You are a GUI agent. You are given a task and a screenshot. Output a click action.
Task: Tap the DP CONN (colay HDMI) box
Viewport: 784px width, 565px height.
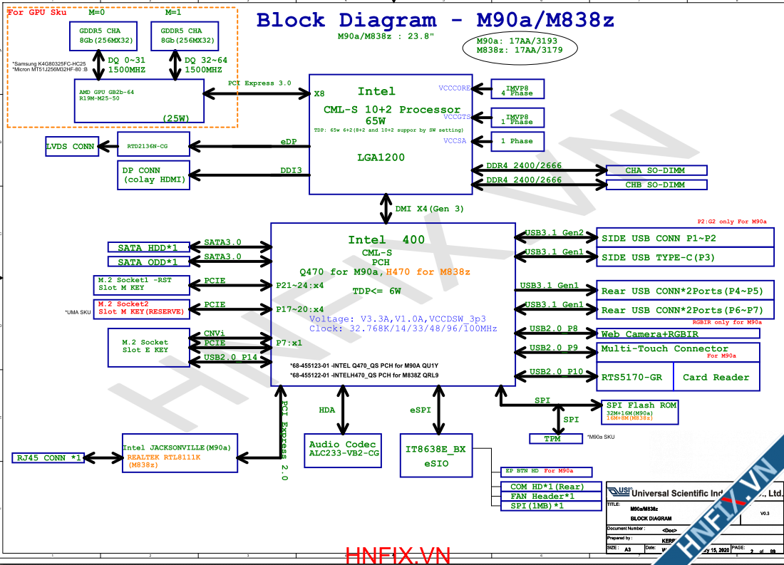[154, 175]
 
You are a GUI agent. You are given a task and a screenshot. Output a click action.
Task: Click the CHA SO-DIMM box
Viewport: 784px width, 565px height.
[656, 170]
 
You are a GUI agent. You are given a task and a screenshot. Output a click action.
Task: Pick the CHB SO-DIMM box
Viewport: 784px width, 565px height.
[656, 185]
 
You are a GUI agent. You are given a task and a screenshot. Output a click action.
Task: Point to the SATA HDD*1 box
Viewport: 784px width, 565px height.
[148, 247]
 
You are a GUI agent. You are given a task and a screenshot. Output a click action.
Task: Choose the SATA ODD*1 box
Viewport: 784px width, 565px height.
[148, 262]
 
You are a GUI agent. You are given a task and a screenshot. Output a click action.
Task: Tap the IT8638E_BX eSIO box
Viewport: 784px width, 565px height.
[435, 455]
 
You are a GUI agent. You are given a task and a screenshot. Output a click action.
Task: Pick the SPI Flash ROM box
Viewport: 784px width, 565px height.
[637, 411]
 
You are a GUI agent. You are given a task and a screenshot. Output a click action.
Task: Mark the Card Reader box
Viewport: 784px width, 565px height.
[716, 377]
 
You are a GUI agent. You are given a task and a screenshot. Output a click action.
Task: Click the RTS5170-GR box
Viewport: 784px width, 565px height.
[631, 377]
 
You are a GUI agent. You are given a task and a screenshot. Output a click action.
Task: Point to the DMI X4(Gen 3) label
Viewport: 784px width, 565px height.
[430, 209]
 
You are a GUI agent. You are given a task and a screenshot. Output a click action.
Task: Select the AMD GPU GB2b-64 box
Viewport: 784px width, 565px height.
[139, 100]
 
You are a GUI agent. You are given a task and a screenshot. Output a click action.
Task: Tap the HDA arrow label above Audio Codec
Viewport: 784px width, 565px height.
[326, 410]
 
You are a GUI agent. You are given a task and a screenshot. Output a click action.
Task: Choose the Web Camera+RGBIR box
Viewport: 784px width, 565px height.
[678, 333]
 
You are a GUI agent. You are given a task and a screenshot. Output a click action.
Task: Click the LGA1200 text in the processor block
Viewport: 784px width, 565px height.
[381, 157]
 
